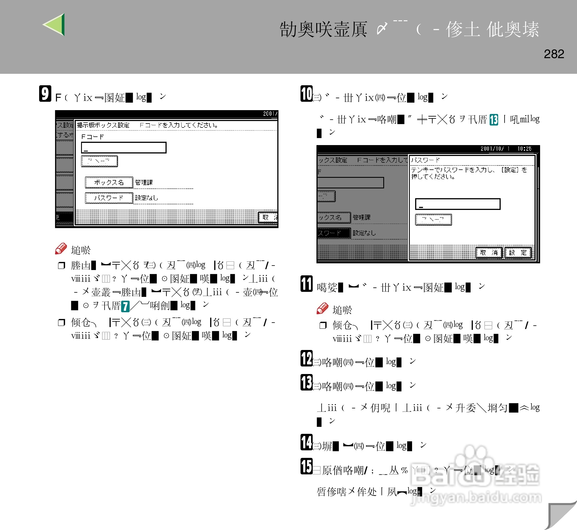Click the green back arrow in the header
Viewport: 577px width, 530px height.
coord(55,25)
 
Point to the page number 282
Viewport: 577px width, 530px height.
coord(554,54)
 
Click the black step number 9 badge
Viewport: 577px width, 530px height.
coord(45,93)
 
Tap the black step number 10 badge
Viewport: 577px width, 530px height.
coord(306,93)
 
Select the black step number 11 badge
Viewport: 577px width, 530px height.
coord(306,283)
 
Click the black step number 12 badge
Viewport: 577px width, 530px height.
coord(306,358)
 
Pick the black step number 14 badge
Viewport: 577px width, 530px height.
coord(306,442)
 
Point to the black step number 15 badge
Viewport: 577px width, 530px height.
coord(306,466)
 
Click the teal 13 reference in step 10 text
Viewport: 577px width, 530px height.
coord(493,120)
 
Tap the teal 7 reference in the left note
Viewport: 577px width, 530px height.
coord(125,306)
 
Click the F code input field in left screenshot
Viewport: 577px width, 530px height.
coord(124,148)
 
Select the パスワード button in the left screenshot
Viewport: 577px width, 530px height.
coord(109,198)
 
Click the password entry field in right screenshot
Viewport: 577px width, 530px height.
coord(458,204)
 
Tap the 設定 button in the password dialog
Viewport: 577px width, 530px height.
coord(518,253)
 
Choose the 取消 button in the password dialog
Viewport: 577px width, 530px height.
coord(489,253)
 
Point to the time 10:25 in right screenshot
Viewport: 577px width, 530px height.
coord(524,148)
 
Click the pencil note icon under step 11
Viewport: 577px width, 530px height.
coord(322,308)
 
